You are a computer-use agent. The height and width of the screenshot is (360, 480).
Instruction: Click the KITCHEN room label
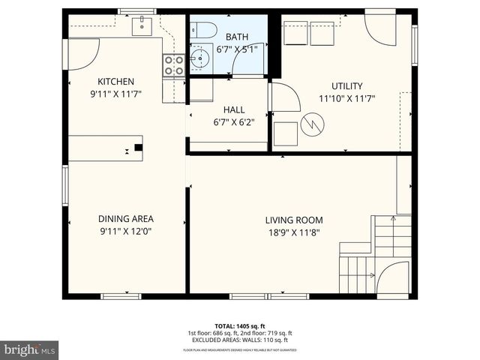click(115, 82)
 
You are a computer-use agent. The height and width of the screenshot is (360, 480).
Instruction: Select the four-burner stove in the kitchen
click(173, 65)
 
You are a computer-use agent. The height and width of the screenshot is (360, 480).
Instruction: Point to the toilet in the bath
click(203, 31)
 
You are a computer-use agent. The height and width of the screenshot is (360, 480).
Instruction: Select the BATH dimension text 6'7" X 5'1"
click(237, 49)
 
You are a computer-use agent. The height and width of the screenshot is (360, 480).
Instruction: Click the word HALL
click(233, 109)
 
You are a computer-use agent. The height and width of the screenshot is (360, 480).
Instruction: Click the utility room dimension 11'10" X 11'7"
click(346, 98)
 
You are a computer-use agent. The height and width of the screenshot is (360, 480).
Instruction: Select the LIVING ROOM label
click(293, 220)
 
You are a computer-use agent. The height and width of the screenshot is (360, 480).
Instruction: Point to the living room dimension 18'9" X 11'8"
click(293, 232)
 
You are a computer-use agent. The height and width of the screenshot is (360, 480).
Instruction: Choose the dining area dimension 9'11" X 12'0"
click(125, 232)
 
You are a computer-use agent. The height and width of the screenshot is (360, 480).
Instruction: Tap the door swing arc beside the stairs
click(391, 279)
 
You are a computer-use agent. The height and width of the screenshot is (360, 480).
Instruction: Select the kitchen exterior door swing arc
click(82, 52)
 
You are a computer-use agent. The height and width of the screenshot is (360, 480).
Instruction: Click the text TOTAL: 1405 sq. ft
click(239, 325)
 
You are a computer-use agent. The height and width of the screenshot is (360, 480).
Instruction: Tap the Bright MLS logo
click(30, 349)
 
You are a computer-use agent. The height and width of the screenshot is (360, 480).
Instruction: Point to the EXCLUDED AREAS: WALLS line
click(239, 340)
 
